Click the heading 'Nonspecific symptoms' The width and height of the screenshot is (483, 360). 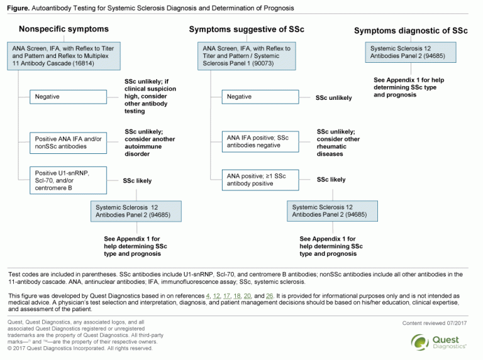64,29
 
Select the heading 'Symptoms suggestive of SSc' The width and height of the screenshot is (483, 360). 247,30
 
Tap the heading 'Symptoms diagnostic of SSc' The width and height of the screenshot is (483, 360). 411,30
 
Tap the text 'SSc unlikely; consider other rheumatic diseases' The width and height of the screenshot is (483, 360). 338,143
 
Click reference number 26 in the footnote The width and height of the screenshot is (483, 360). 270,295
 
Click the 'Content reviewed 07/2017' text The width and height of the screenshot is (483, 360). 435,323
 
